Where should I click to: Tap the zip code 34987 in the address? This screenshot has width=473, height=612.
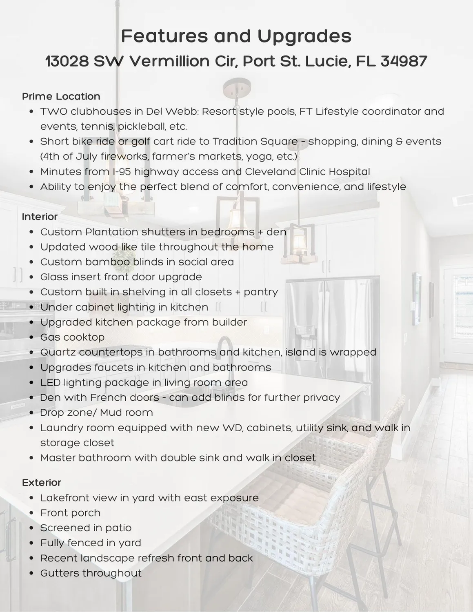click(x=404, y=61)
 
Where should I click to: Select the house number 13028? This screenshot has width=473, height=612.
click(x=67, y=61)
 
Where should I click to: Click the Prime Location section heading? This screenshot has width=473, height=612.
click(x=61, y=96)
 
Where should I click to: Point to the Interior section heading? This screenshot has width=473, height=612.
click(x=40, y=216)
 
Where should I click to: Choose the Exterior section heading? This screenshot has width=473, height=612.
click(x=41, y=482)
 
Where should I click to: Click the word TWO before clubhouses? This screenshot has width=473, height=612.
click(x=53, y=111)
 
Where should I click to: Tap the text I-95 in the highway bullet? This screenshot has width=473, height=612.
click(x=120, y=171)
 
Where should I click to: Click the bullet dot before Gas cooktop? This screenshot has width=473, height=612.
click(x=32, y=338)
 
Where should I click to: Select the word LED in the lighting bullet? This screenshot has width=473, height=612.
click(x=50, y=382)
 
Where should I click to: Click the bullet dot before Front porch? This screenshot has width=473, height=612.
click(x=32, y=513)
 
